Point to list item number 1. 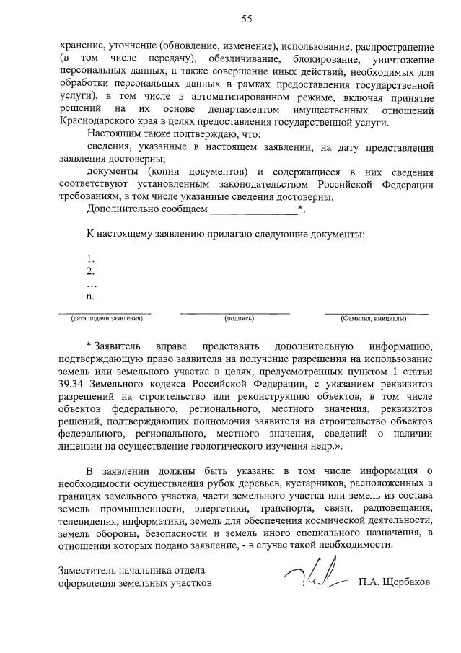(x=90, y=258)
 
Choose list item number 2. (x=90, y=271)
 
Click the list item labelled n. (x=90, y=296)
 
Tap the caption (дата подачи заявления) (x=105, y=318)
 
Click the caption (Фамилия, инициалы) (x=374, y=318)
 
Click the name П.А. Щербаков (x=394, y=583)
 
